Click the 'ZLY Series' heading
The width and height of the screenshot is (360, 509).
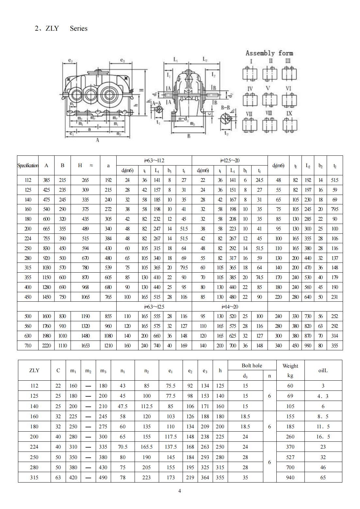(x=61, y=28)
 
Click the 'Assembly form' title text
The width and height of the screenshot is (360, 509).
(x=269, y=53)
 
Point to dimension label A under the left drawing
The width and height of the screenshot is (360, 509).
(x=97, y=140)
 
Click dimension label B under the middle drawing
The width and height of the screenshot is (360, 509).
(x=189, y=136)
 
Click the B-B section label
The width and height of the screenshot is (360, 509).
(x=225, y=107)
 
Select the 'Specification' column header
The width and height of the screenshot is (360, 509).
(x=28, y=166)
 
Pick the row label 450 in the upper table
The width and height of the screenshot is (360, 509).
(x=28, y=297)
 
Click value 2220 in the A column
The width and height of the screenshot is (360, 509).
(x=46, y=345)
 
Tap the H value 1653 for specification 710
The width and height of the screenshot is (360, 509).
(x=85, y=345)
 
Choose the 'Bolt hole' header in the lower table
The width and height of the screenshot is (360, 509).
(x=252, y=366)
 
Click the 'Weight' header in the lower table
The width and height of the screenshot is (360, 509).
(x=290, y=366)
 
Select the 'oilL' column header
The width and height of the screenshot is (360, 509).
(x=323, y=371)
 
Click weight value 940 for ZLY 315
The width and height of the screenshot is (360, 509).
(x=290, y=477)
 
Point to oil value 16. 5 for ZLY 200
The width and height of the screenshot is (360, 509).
(x=323, y=437)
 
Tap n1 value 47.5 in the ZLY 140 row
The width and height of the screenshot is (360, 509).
(x=123, y=406)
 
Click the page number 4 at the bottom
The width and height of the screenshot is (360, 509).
(x=179, y=491)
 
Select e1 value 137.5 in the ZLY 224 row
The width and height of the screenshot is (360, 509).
(x=171, y=447)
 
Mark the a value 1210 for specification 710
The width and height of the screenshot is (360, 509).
(x=108, y=345)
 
